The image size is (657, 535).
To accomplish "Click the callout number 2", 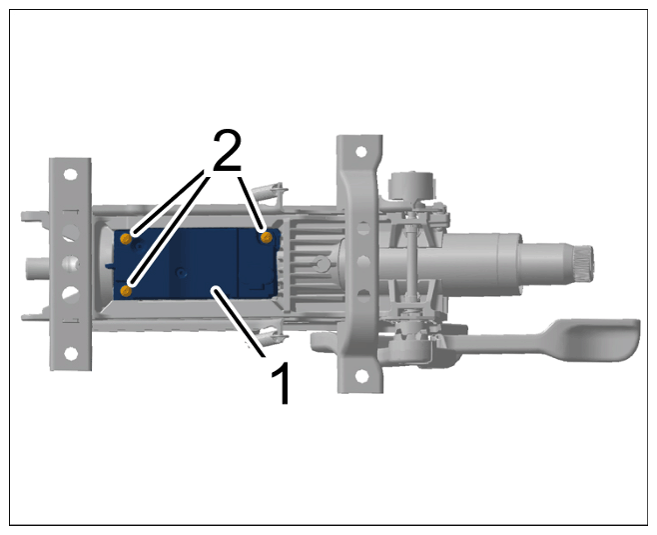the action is click(228, 151).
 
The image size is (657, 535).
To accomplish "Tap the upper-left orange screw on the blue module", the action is click(126, 239).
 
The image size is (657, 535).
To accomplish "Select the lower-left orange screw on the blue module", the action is click(126, 291).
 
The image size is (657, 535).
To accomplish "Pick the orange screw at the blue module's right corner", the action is click(266, 238).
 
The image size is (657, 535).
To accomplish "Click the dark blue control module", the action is click(196, 264).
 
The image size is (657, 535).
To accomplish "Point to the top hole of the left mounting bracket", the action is click(70, 174).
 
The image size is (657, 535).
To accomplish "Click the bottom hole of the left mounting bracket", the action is click(71, 354).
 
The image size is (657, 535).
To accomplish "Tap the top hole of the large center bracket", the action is click(361, 151).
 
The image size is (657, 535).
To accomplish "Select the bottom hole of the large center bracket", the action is click(361, 376).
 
